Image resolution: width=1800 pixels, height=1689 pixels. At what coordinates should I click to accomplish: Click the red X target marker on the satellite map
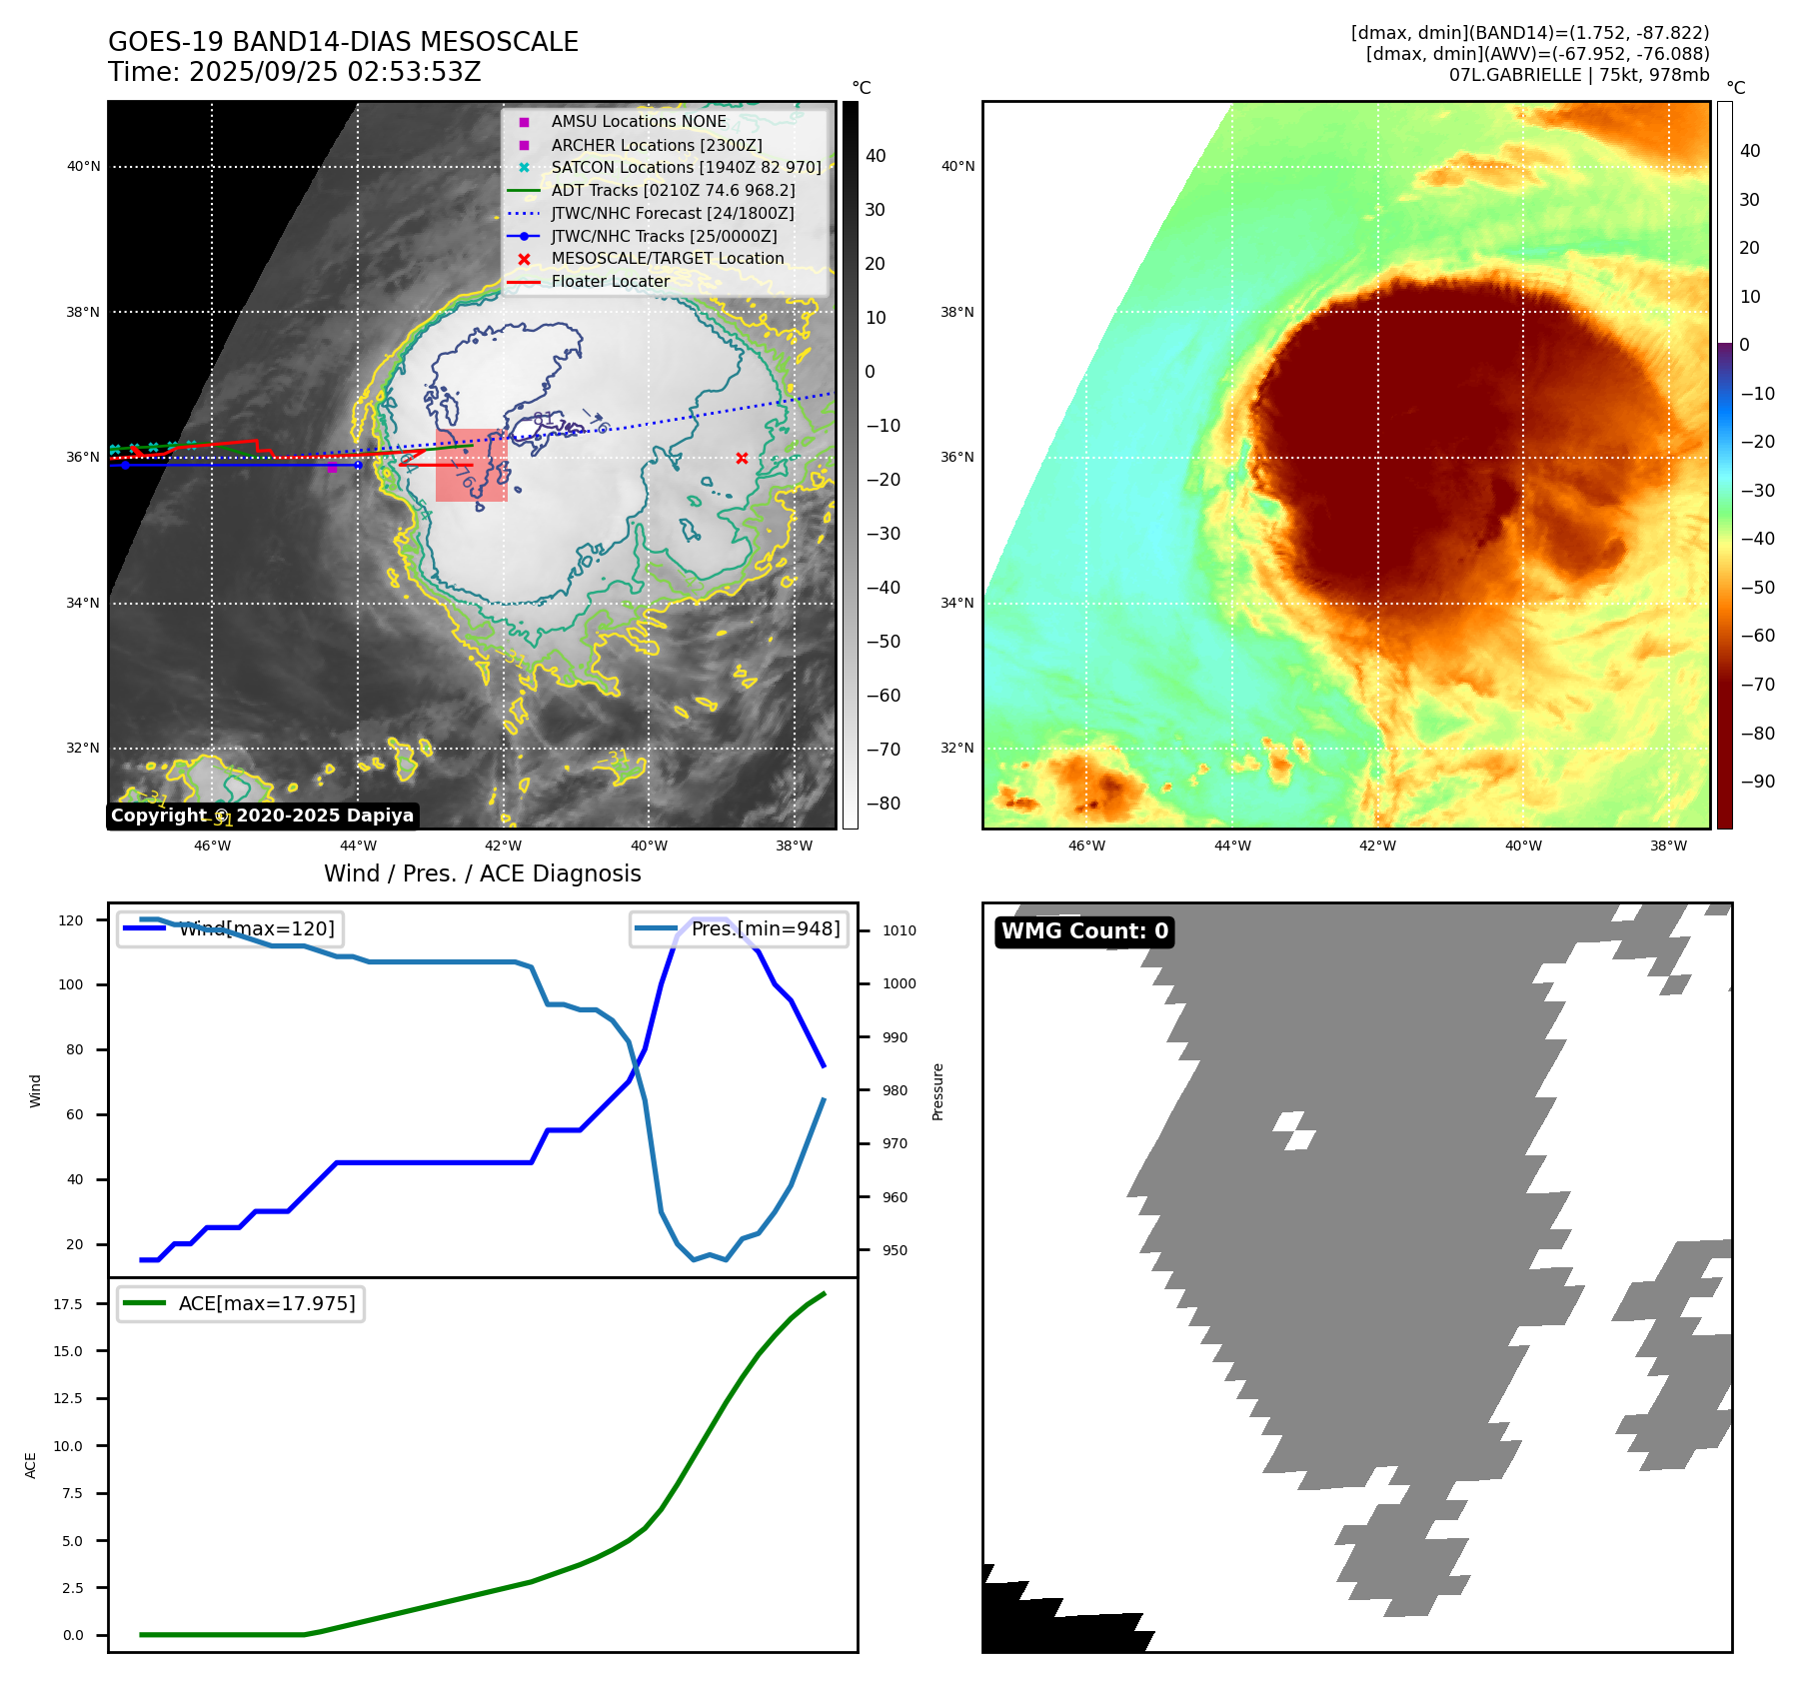click(x=742, y=459)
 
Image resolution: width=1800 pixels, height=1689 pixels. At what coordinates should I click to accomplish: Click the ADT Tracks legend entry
click(x=673, y=190)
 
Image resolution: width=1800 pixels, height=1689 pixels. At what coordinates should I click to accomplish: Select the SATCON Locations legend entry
click(x=686, y=167)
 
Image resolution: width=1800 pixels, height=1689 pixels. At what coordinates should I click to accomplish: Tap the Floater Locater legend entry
click(x=610, y=282)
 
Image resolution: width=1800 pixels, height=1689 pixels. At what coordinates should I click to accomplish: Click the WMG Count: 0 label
click(x=1084, y=931)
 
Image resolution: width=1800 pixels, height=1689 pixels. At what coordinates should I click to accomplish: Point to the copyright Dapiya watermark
click(x=262, y=816)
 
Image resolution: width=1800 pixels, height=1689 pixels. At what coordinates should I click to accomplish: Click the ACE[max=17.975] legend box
click(x=240, y=1303)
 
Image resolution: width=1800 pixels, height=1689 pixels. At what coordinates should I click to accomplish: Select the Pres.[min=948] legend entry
click(x=740, y=928)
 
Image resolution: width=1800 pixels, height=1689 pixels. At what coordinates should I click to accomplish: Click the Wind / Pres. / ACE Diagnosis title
click(x=483, y=873)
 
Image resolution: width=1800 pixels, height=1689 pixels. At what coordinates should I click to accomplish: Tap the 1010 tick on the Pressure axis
click(x=899, y=930)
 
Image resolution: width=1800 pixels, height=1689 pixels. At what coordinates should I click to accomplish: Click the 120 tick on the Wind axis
click(x=71, y=920)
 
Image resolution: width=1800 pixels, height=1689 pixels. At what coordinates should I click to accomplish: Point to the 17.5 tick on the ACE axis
click(x=68, y=1304)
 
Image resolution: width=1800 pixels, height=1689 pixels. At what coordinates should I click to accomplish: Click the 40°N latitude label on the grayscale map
click(x=84, y=167)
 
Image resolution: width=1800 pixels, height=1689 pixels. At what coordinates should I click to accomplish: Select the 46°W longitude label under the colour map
click(x=1086, y=845)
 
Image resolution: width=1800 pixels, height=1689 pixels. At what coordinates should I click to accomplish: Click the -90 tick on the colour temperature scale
click(x=1757, y=782)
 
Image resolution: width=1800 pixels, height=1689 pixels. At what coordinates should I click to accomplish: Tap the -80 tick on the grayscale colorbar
click(x=883, y=804)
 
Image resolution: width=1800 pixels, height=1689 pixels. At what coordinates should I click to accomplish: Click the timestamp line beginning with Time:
click(x=295, y=72)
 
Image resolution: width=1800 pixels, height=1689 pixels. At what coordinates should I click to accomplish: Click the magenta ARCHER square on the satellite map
click(x=332, y=468)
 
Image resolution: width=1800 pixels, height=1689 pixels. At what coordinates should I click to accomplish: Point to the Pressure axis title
click(x=937, y=1091)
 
